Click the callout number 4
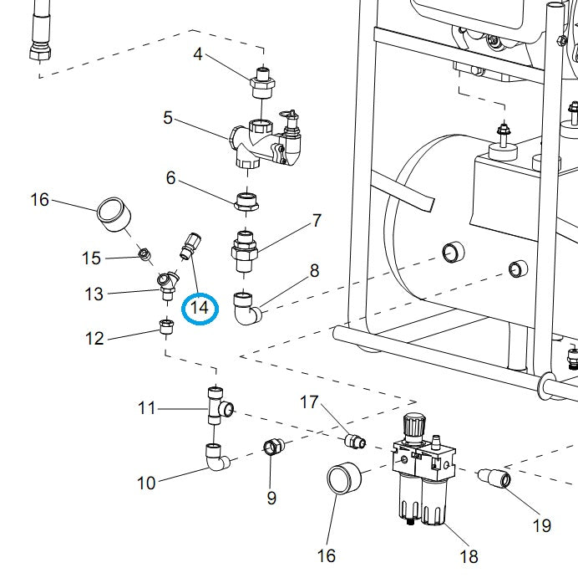[x=198, y=55]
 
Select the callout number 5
[x=168, y=118]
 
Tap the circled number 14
[x=200, y=308]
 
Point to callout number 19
[x=541, y=525]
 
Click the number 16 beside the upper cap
[x=40, y=199]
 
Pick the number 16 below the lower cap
[x=327, y=555]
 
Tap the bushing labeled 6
[x=249, y=201]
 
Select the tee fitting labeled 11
[x=218, y=403]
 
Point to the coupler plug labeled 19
[x=496, y=479]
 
